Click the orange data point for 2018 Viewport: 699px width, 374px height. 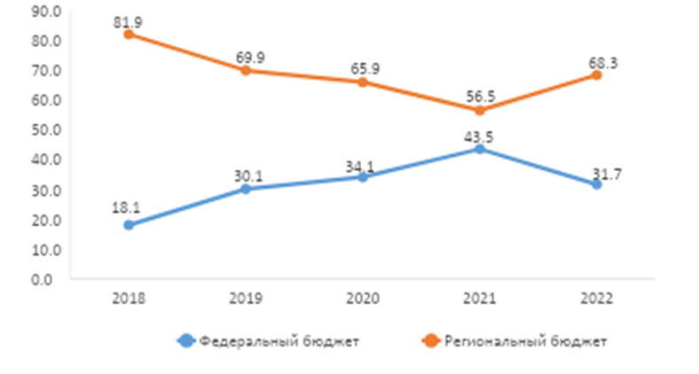point(129,34)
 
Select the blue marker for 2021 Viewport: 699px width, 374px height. point(480,149)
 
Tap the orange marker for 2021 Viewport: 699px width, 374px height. point(480,110)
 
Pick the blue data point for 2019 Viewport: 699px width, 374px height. point(246,189)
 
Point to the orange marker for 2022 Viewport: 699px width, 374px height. point(597,74)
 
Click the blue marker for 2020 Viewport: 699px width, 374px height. point(363,177)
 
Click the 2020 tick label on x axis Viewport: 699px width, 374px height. point(363,299)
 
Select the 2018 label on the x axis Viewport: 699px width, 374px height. point(129,299)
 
